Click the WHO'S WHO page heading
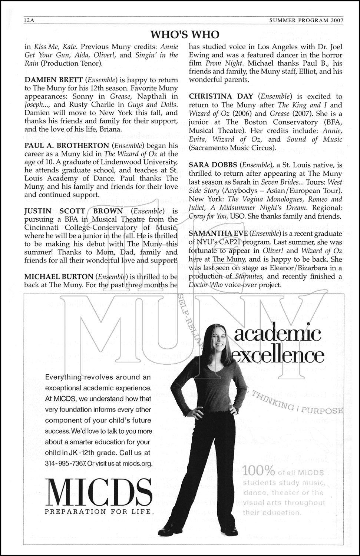[185, 34]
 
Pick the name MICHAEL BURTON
[59, 276]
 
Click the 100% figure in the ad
[259, 472]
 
